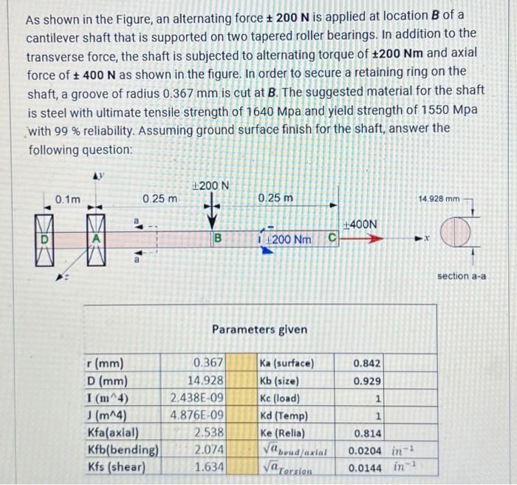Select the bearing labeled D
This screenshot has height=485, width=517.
click(46, 238)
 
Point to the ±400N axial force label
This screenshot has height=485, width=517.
click(361, 224)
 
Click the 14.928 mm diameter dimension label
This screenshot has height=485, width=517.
click(439, 199)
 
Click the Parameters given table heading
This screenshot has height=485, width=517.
click(259, 329)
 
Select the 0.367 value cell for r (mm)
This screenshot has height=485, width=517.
click(208, 363)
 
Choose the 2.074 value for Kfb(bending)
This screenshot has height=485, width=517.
click(209, 448)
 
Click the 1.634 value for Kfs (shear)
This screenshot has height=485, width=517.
click(209, 466)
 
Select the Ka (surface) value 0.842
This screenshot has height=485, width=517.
click(367, 363)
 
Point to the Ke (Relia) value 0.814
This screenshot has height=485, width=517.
click(367, 432)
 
